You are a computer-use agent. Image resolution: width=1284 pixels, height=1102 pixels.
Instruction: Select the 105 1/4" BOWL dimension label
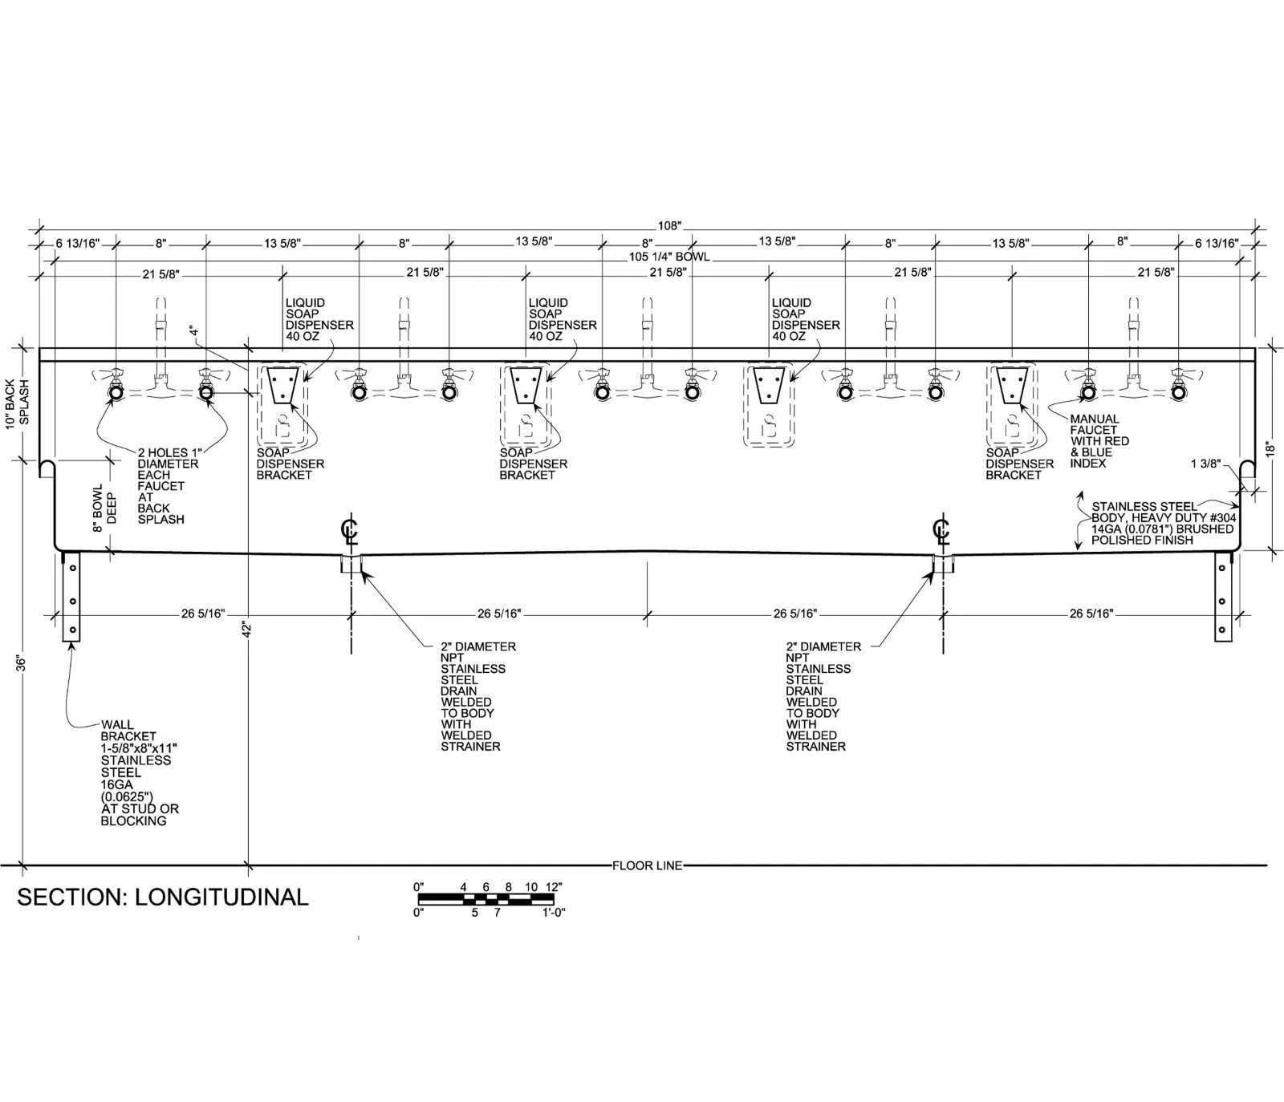point(669,257)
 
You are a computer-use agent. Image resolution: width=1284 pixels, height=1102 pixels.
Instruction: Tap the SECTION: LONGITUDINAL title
point(163,897)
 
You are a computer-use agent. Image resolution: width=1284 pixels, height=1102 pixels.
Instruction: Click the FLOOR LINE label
point(647,865)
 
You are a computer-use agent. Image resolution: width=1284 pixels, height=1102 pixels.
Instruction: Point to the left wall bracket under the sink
point(72,597)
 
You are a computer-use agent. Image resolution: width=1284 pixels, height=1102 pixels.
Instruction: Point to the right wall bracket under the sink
point(1222,597)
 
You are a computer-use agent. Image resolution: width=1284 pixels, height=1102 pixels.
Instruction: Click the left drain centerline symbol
point(349,531)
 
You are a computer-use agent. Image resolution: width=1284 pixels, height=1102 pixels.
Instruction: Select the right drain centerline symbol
point(941,531)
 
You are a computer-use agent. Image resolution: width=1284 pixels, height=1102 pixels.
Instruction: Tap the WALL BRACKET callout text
point(140,772)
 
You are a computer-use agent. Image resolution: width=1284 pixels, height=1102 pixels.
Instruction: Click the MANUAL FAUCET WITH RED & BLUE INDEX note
point(1099,441)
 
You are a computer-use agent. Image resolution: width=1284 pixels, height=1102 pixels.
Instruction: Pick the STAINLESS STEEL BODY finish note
point(1164,523)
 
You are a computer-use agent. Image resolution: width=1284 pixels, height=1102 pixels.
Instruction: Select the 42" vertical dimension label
point(248,630)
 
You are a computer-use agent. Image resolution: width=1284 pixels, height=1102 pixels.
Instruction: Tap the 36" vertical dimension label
point(22,663)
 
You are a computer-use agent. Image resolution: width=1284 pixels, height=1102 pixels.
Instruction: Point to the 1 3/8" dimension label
point(1206,464)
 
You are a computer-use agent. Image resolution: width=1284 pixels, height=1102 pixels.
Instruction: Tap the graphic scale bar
point(486,897)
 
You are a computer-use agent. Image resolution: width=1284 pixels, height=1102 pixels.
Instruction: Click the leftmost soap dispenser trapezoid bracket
point(282,385)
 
